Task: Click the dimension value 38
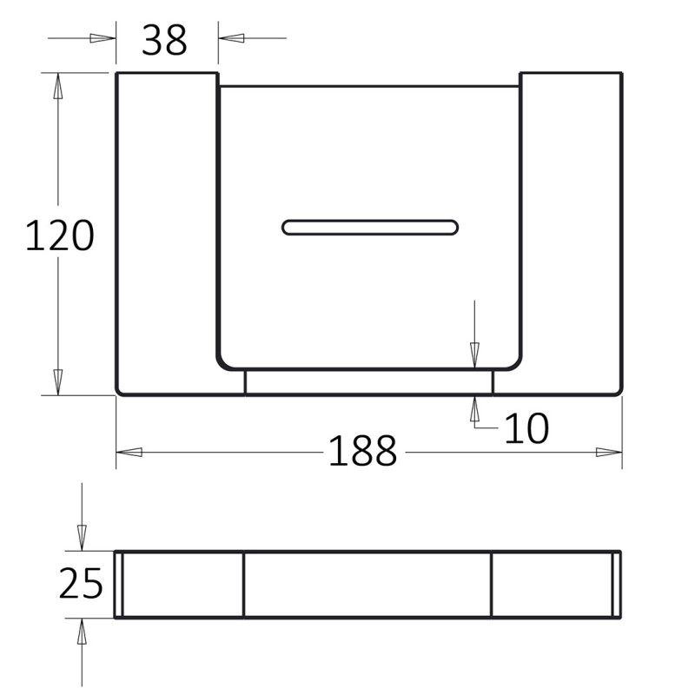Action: click(164, 39)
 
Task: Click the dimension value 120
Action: click(59, 235)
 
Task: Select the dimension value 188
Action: click(362, 451)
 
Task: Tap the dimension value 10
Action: click(526, 427)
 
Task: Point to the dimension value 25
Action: click(81, 584)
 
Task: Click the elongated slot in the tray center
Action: click(369, 228)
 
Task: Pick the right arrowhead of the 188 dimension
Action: click(609, 452)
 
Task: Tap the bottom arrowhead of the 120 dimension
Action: click(58, 381)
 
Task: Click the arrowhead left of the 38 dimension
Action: click(103, 38)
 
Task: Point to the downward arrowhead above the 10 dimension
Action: click(474, 354)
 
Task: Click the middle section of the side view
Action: click(367, 585)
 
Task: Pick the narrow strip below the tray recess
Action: click(368, 382)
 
